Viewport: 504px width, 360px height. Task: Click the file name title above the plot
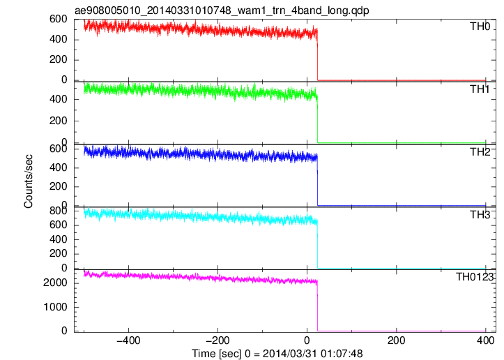(222, 10)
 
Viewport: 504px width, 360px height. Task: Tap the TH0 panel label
(480, 27)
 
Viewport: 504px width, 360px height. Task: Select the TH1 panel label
(480, 89)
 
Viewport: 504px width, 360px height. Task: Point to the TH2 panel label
(480, 152)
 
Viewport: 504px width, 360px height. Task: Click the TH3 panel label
(480, 215)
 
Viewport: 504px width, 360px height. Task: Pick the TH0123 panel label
(475, 277)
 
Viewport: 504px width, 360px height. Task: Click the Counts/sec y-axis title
(29, 181)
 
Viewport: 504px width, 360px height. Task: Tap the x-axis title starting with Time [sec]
(277, 354)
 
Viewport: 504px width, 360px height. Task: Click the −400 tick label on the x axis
(128, 340)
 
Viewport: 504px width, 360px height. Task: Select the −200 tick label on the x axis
(217, 340)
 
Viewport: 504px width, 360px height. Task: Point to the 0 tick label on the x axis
(307, 340)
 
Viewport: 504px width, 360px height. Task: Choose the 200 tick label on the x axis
(397, 340)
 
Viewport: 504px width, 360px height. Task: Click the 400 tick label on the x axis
(485, 340)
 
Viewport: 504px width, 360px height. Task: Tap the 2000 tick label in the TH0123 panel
(55, 283)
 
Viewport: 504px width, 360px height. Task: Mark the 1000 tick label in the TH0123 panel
(55, 307)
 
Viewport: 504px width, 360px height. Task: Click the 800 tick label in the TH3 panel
(59, 211)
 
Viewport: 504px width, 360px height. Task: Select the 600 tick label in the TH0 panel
(59, 20)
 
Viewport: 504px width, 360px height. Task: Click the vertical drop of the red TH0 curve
(318, 54)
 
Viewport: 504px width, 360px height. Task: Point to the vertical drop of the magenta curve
(318, 306)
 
